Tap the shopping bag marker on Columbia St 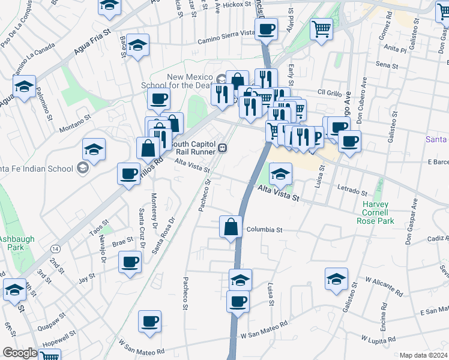[x=231, y=228]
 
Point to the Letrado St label [x=352, y=191]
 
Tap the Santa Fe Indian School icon [x=83, y=167]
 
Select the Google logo [x=20, y=353]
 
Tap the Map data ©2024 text [x=423, y=355]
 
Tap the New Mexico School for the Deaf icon [x=221, y=79]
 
